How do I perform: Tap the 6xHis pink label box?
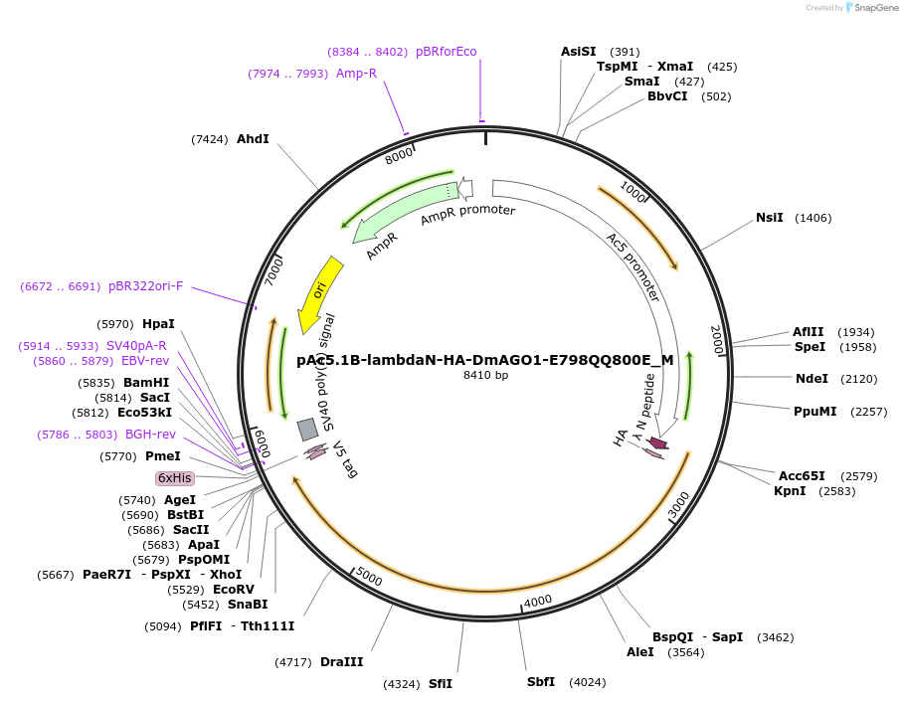point(174,478)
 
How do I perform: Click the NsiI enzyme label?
point(770,218)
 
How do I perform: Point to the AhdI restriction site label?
point(253,139)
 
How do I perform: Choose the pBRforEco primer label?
point(446,52)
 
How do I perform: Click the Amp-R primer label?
point(356,74)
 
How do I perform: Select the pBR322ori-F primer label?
point(145,286)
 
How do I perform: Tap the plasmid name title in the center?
point(484,360)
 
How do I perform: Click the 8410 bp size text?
point(485,375)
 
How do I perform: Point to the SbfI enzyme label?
point(541,682)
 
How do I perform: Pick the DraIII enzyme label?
point(341,662)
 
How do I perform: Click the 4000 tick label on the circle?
point(538,601)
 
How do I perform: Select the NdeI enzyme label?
point(812,379)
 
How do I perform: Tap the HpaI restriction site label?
point(158,324)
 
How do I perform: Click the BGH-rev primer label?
point(150,435)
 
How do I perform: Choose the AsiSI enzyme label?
point(578,52)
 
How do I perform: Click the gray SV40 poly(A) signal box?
point(308,429)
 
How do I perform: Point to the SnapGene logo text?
point(871,8)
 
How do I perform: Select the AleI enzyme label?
point(640,652)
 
